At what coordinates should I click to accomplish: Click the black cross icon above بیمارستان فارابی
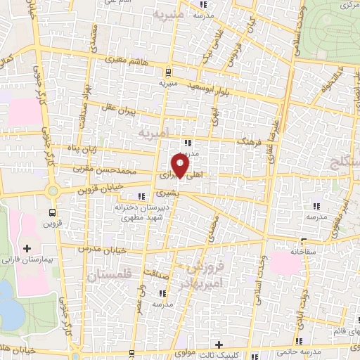point(27,248)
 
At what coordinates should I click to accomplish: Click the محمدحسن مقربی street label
point(108,169)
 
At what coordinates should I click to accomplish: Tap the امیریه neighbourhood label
point(155,132)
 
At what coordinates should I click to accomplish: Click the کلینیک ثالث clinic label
point(243,354)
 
